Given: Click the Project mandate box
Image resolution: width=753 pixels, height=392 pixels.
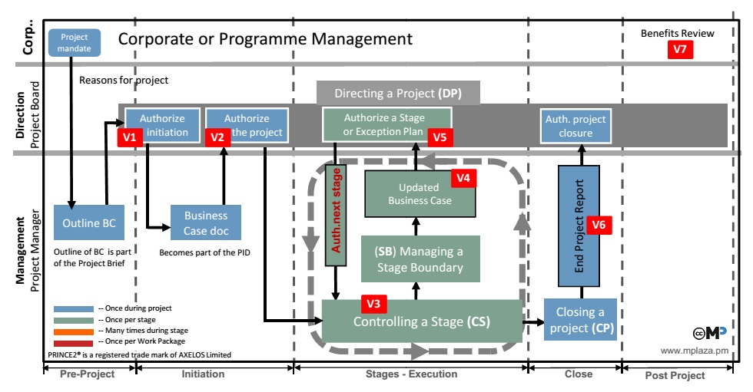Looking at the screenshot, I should pyautogui.click(x=75, y=43).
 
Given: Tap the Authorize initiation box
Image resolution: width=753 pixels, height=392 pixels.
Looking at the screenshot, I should pyautogui.click(x=162, y=125).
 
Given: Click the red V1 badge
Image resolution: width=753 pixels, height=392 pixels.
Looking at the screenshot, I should pyautogui.click(x=130, y=137).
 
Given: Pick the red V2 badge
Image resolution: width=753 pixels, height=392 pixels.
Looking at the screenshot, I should pyautogui.click(x=217, y=137).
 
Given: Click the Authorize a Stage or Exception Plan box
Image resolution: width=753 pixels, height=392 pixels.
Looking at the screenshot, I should pyautogui.click(x=387, y=125).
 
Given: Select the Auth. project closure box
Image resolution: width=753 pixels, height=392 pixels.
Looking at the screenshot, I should pyautogui.click(x=576, y=126).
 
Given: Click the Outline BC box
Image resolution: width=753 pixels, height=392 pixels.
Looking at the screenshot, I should pyautogui.click(x=88, y=223).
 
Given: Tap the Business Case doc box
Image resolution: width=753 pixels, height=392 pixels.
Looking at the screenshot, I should pyautogui.click(x=206, y=223).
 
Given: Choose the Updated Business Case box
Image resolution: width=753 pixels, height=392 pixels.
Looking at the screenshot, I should pyautogui.click(x=420, y=194).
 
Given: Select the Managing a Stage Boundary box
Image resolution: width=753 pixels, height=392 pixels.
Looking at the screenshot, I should pyautogui.click(x=420, y=259).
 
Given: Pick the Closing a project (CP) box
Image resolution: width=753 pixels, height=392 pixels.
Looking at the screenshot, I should pyautogui.click(x=580, y=320).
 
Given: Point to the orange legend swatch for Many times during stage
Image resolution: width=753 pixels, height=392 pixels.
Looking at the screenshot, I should pyautogui.click(x=74, y=331).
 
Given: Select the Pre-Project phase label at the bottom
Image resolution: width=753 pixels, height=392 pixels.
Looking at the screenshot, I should pyautogui.click(x=88, y=374).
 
